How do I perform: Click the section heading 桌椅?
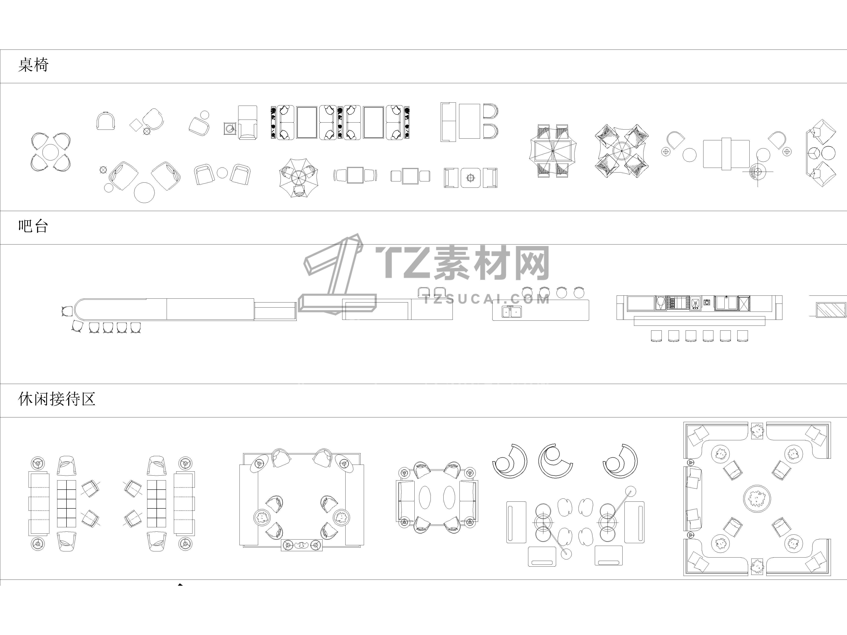coord(33,65)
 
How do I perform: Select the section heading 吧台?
coord(33,226)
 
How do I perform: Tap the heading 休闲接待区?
coord(57,399)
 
